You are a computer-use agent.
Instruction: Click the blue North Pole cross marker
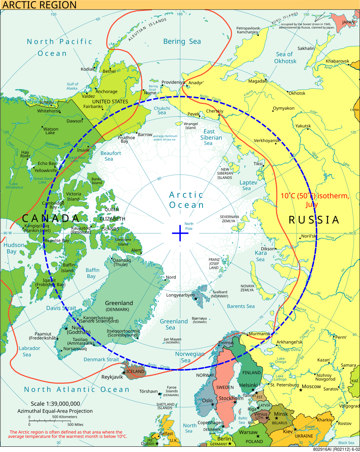pyautogui.click(x=180, y=234)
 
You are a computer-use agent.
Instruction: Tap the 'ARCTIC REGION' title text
pyautogui.click(x=39, y=5)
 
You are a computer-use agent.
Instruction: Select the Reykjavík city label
pyautogui.click(x=112, y=377)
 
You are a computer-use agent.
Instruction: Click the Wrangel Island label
pyautogui.click(x=190, y=125)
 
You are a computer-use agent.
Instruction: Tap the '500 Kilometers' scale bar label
pyautogui.click(x=64, y=417)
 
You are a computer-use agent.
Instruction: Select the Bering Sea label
pyautogui.click(x=182, y=41)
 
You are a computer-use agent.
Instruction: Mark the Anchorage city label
pyautogui.click(x=106, y=92)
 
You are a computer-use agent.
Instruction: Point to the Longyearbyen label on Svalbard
pyautogui.click(x=181, y=295)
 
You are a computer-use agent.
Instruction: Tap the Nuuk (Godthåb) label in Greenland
pyautogui.click(x=78, y=329)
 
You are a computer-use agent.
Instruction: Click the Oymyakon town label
pyautogui.click(x=283, y=108)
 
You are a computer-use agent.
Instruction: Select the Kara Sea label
pyautogui.click(x=261, y=256)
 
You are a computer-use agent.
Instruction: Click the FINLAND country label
pyautogui.click(x=251, y=373)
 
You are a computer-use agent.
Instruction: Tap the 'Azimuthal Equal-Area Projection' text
pyautogui.click(x=55, y=411)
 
